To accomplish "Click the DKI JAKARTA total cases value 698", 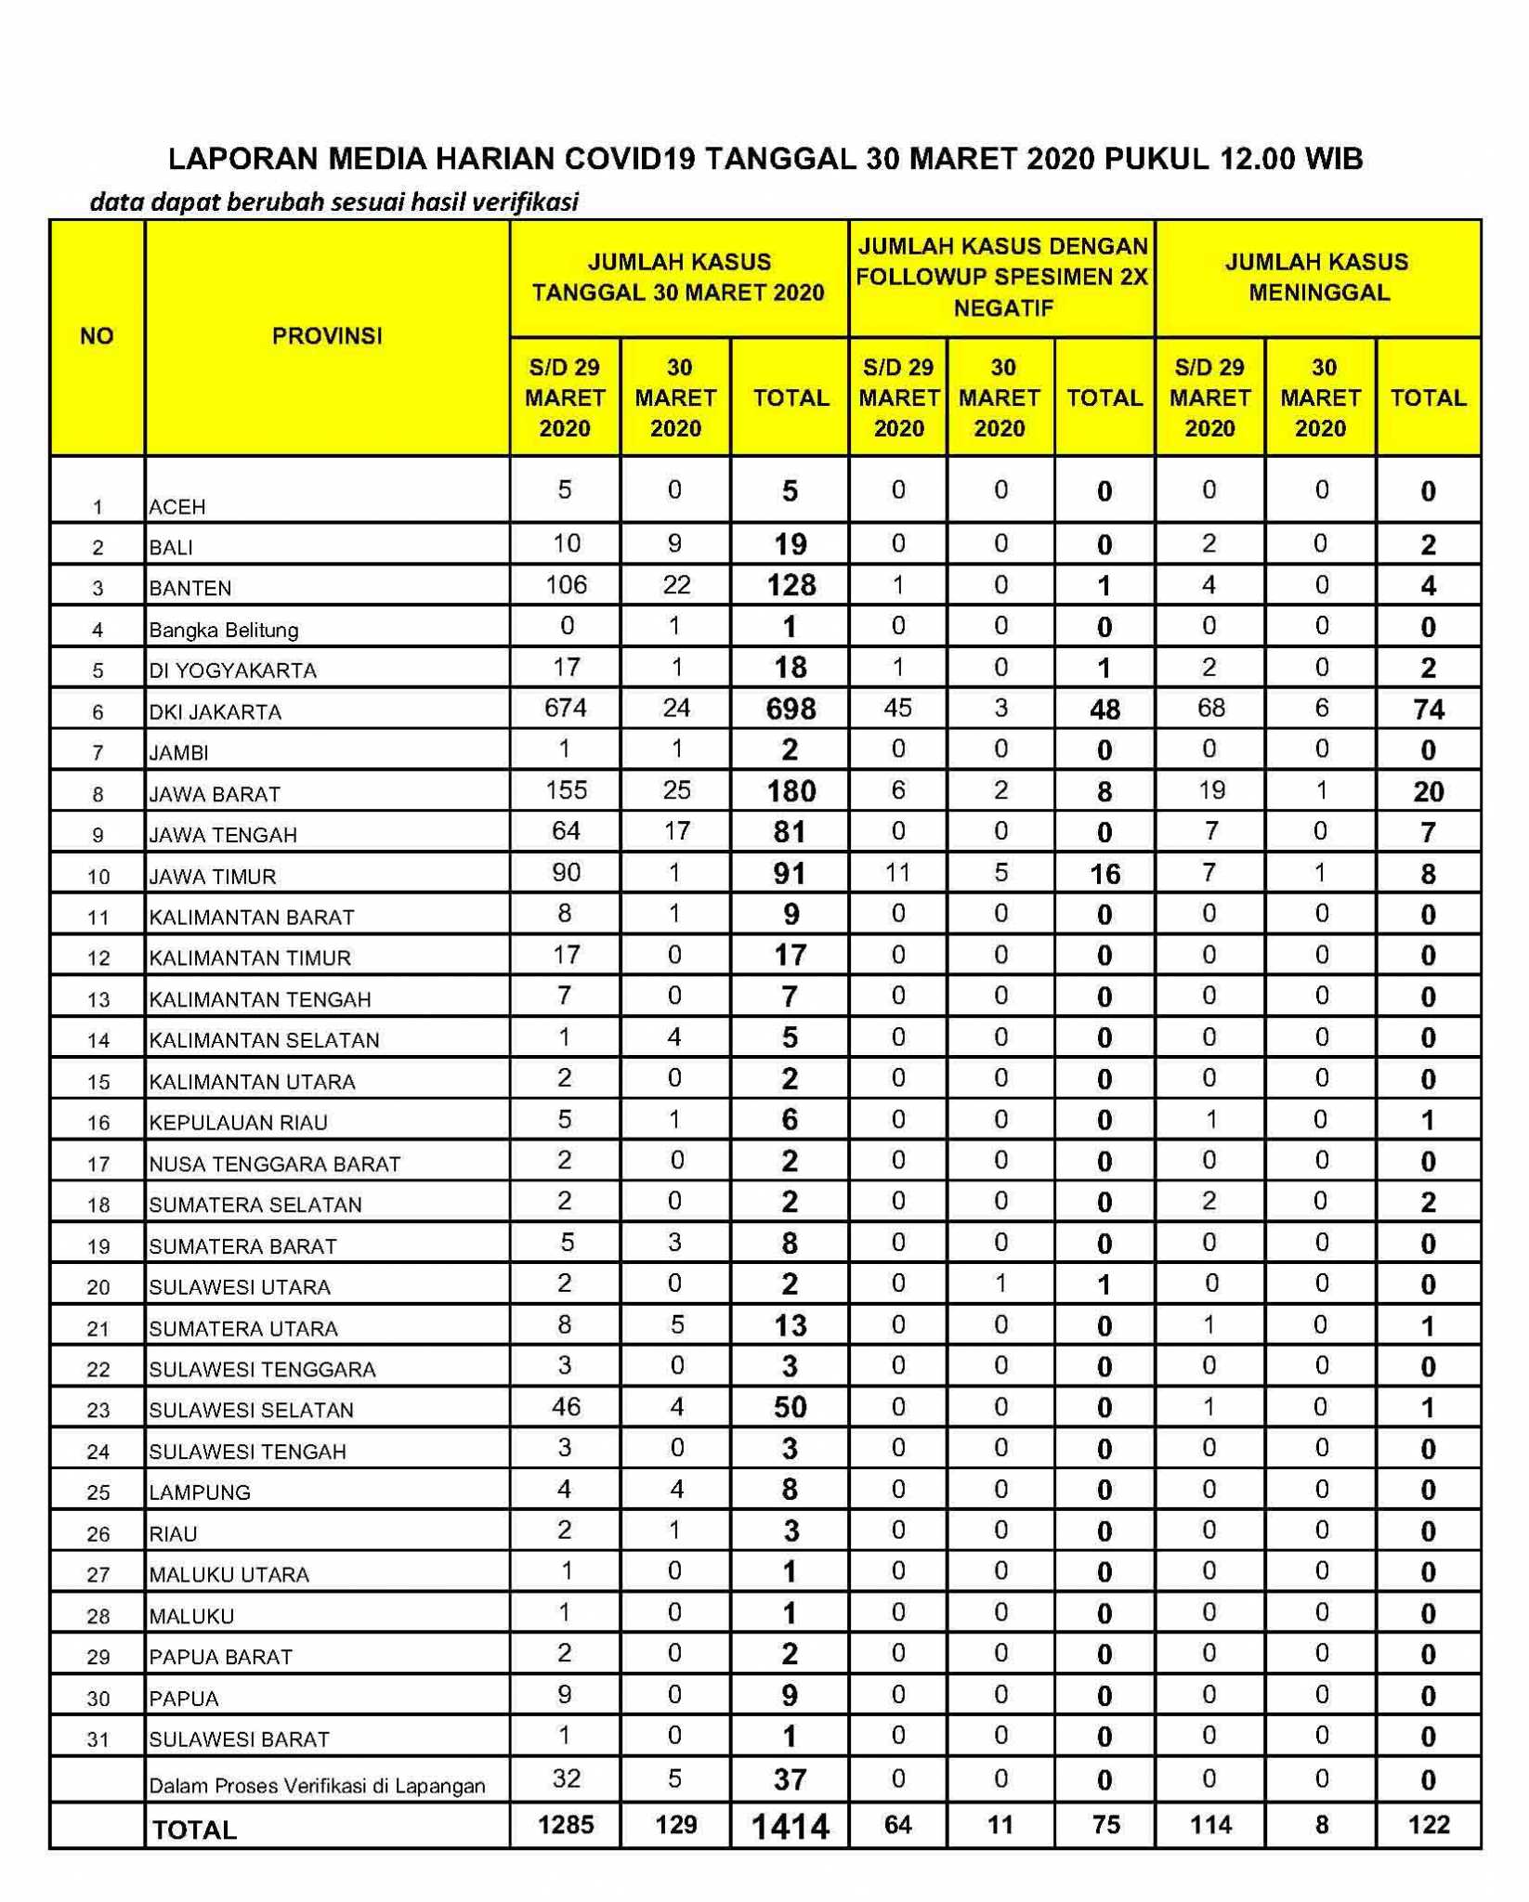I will click(x=790, y=710).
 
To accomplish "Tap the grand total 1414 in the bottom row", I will click(x=790, y=1827).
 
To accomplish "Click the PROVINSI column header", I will click(x=327, y=336).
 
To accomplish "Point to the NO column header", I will click(x=97, y=336).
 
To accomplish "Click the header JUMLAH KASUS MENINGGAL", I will click(x=1317, y=277).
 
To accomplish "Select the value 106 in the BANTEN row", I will click(x=566, y=584).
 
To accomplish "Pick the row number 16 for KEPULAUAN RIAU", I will click(x=98, y=1123).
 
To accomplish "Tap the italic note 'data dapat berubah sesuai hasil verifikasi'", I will click(x=334, y=202).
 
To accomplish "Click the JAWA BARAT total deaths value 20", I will click(x=1428, y=791).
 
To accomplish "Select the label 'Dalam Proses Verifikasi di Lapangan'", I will click(x=318, y=1785).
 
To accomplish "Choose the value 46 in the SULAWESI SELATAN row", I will click(x=566, y=1406).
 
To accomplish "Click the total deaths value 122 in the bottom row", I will click(x=1428, y=1825).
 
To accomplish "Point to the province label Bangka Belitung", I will click(x=224, y=630).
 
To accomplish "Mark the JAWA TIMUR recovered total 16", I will click(x=1104, y=874).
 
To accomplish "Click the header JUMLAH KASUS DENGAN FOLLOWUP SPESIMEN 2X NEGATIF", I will click(x=1001, y=277).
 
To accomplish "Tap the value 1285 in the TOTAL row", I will click(x=566, y=1825).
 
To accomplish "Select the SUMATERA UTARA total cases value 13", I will click(x=790, y=1325).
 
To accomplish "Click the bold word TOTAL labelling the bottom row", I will click(x=194, y=1830).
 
